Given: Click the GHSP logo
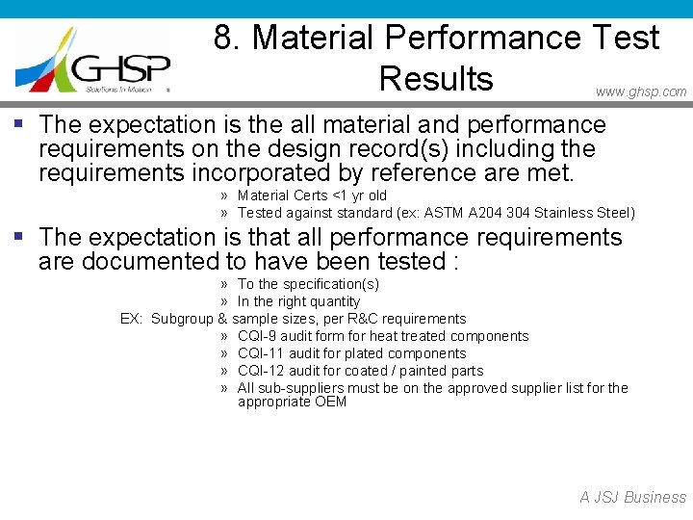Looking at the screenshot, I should [93, 60].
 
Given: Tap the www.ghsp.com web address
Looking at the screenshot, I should [641, 92].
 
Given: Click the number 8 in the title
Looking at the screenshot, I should [223, 39].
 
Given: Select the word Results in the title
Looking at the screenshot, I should [436, 79].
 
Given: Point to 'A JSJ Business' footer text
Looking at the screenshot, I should [632, 498].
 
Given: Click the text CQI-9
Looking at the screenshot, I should [257, 336].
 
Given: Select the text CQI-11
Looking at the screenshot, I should [260, 353].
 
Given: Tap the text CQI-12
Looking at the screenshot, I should [260, 371].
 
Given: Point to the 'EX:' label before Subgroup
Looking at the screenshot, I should [131, 319].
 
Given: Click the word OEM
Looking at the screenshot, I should [330, 402].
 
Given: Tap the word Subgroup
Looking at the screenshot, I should [182, 319].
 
